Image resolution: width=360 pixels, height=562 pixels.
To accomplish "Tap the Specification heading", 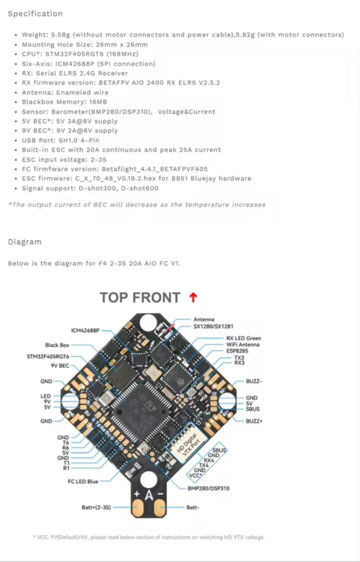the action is (35, 14).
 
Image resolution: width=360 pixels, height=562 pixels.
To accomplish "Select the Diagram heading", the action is (25, 242).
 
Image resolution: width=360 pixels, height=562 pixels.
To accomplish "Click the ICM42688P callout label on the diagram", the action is (85, 331).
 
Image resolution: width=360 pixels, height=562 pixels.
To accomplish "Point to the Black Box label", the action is (57, 345).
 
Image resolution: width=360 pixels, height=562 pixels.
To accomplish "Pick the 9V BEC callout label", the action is (60, 366).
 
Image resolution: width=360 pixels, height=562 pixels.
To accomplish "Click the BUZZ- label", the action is (254, 381).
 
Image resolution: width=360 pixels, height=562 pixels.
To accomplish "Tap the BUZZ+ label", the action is (254, 421).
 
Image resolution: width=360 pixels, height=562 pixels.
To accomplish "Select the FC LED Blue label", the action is (83, 481).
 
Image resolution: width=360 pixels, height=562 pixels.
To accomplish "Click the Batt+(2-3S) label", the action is (96, 507).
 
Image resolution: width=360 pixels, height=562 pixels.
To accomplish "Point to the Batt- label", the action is (193, 507).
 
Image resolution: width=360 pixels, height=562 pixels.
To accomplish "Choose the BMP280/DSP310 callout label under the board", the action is (208, 488).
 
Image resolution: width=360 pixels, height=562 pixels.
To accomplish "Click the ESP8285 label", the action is (237, 351).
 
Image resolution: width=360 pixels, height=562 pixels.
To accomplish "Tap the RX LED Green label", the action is (243, 338).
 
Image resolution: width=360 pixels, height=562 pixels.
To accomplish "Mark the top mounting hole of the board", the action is (148, 323).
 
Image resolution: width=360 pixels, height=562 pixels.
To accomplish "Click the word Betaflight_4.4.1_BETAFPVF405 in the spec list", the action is (155, 169).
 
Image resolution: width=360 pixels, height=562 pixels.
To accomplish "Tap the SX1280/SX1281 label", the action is (213, 326).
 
